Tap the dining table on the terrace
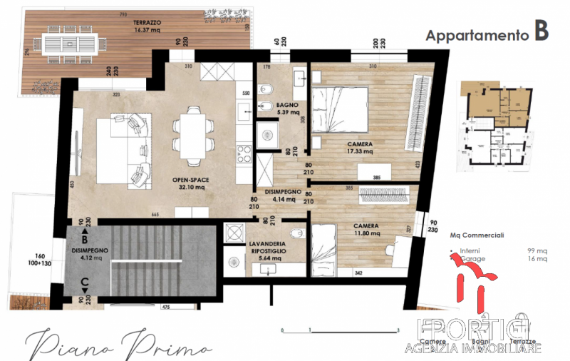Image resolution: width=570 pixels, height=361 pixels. (71, 45)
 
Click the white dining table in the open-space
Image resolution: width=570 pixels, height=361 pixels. (192, 133)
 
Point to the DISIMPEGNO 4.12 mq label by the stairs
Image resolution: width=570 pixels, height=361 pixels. (90, 254)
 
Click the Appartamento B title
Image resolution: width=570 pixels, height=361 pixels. (487, 34)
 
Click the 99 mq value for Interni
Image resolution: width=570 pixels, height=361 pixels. (537, 250)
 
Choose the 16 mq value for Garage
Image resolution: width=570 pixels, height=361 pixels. (537, 260)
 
